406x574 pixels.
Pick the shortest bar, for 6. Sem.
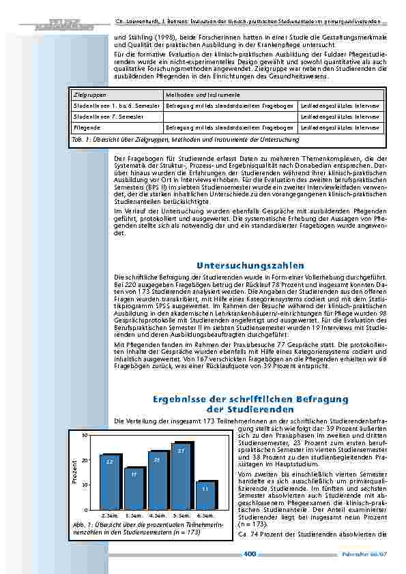(x=205, y=495)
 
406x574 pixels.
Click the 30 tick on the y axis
(x=85, y=435)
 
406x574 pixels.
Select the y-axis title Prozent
(x=74, y=472)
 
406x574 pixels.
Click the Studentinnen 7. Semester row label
(x=104, y=117)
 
